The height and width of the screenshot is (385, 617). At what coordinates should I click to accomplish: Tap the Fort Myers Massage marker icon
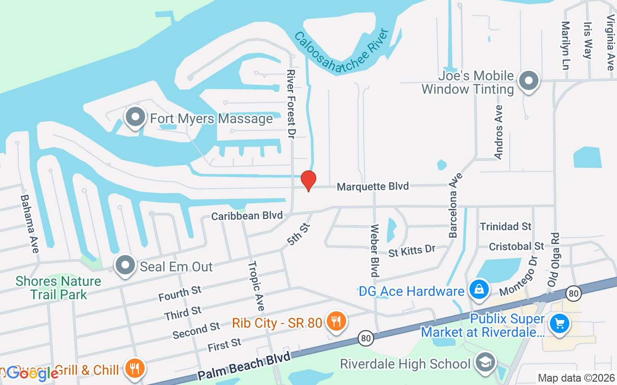tap(135, 117)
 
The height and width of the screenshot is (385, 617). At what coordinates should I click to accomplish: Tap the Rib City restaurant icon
tap(334, 321)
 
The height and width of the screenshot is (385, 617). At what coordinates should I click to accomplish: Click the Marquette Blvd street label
tap(373, 186)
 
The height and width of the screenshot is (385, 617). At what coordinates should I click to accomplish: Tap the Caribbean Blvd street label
tap(247, 216)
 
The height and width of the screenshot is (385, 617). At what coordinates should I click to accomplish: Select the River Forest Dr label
tap(291, 104)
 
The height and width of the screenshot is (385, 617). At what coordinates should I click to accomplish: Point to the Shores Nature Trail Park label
tap(58, 287)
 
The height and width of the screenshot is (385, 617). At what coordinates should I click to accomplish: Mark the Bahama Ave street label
tap(28, 219)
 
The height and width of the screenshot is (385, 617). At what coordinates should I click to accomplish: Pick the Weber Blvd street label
tap(375, 250)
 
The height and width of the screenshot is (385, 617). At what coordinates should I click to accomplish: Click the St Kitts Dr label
tap(412, 251)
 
